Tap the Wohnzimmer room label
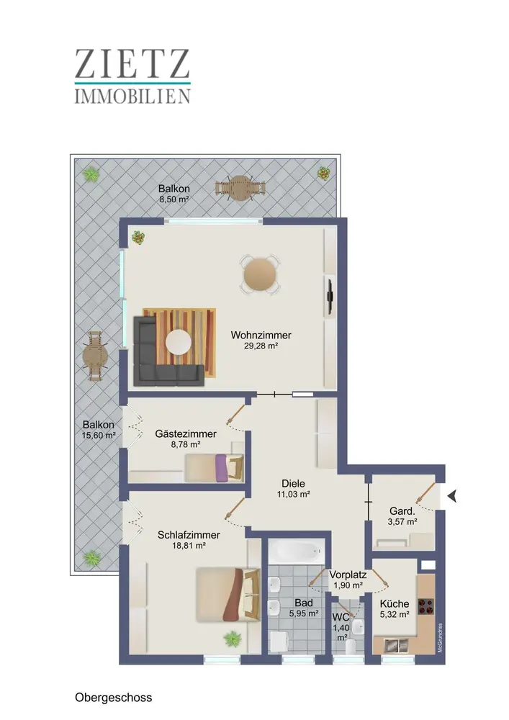(x=261, y=336)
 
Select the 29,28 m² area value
(x=261, y=346)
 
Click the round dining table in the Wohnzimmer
(x=260, y=275)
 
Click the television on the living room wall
(x=330, y=297)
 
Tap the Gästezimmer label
(x=186, y=433)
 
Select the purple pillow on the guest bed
(x=221, y=467)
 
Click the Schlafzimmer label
(x=189, y=535)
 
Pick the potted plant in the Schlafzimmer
(x=233, y=639)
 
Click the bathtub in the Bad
(x=297, y=550)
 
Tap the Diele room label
(x=293, y=484)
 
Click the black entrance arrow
(x=452, y=496)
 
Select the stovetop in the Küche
(x=426, y=606)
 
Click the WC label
(x=341, y=617)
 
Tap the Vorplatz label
(x=348, y=575)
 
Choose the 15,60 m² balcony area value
(x=99, y=436)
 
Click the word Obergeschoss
(x=113, y=698)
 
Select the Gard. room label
(x=402, y=511)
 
